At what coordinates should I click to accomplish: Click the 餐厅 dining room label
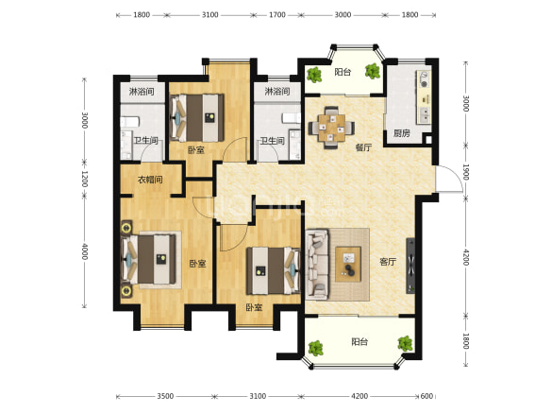pyautogui.click(x=363, y=147)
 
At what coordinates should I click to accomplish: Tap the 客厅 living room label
pyautogui.click(x=388, y=262)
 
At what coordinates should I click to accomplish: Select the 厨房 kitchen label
pyautogui.click(x=402, y=133)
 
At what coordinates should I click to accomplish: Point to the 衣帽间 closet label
pyautogui.click(x=150, y=180)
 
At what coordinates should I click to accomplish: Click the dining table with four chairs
pyautogui.click(x=331, y=128)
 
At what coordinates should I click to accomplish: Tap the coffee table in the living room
pyautogui.click(x=348, y=264)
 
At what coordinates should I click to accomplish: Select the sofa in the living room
pyautogui.click(x=317, y=264)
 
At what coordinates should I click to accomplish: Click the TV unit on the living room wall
pyautogui.click(x=410, y=266)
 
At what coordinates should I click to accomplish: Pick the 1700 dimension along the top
pyautogui.click(x=277, y=15)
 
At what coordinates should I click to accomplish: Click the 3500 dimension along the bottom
pyautogui.click(x=165, y=396)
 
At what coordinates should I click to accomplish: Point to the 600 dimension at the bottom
pyautogui.click(x=427, y=396)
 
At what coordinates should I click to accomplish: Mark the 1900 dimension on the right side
pyautogui.click(x=466, y=172)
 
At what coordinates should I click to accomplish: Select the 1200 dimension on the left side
pyautogui.click(x=85, y=179)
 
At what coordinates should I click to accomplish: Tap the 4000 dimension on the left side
pyautogui.click(x=85, y=251)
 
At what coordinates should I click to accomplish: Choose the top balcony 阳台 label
pyautogui.click(x=343, y=72)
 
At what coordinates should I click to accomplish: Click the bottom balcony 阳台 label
pyautogui.click(x=360, y=342)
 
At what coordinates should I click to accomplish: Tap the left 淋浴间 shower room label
pyautogui.click(x=142, y=92)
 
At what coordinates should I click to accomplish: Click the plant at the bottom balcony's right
pyautogui.click(x=405, y=343)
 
